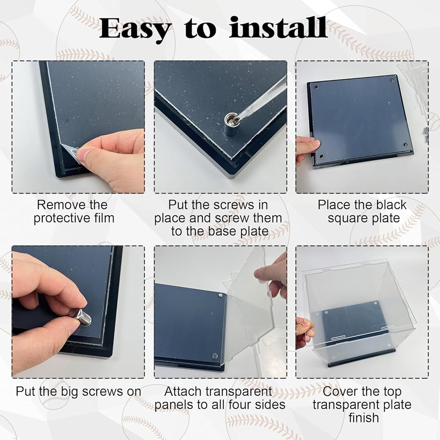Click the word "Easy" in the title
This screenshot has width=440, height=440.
click(135, 29)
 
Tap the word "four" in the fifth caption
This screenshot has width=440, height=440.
click(240, 405)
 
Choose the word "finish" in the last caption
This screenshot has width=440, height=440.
click(364, 418)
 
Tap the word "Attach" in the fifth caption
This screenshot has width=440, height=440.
click(183, 392)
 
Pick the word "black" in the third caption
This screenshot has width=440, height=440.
click(391, 205)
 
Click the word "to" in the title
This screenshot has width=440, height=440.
click(200, 29)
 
